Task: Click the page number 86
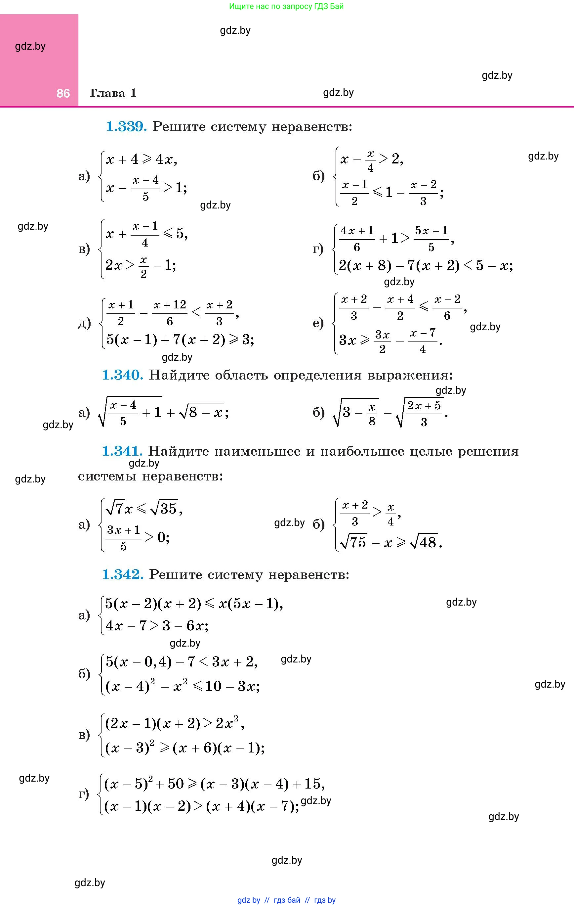63,93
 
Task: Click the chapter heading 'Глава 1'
113,93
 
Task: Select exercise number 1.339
126,127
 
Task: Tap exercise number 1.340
122,375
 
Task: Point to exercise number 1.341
122,451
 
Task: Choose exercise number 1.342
122,574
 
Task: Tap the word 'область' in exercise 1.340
241,375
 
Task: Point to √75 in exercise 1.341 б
353,542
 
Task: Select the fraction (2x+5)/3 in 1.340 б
424,413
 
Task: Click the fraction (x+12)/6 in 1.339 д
169,313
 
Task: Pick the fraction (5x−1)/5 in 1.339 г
431,239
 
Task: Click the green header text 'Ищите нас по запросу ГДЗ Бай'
286,6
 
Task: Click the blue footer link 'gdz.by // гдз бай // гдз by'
286,900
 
